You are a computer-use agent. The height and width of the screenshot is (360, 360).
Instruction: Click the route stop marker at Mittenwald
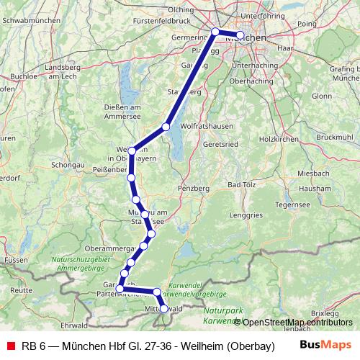pos(164,308)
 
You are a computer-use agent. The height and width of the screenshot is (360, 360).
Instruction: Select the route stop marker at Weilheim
pos(132,150)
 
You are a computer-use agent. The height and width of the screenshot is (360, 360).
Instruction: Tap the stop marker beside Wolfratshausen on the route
pos(166,127)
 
